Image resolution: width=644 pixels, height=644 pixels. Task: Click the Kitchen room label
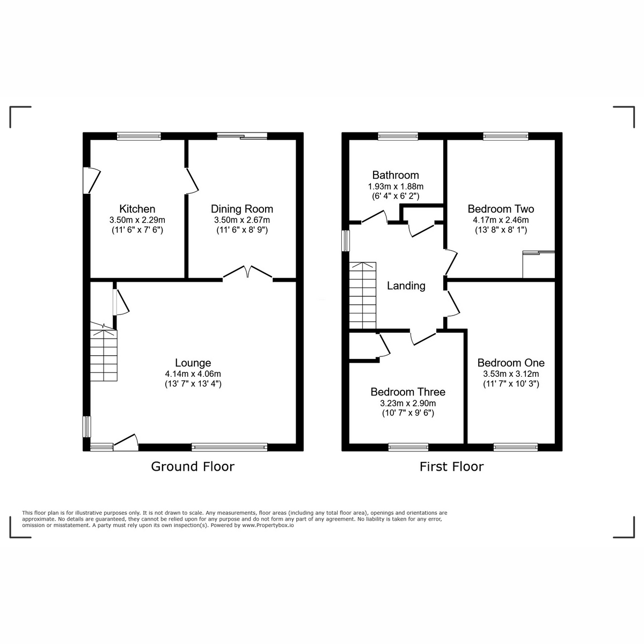point(137,209)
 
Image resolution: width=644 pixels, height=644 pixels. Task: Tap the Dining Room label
point(241,209)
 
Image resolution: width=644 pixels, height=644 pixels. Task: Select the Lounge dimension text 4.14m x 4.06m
point(193,374)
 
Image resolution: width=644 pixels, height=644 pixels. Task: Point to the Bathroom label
point(396,175)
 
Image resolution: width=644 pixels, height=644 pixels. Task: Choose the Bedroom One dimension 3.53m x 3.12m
point(511,374)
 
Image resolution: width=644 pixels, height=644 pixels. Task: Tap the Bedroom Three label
point(408,392)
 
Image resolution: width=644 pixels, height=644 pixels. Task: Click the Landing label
point(406,286)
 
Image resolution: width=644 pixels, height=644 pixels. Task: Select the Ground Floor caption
point(193,466)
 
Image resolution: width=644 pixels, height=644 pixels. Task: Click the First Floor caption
point(451,466)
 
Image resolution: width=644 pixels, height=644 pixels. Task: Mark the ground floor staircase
point(103,354)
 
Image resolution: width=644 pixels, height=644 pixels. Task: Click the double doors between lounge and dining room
point(248,273)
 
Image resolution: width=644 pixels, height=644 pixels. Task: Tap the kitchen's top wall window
point(139,136)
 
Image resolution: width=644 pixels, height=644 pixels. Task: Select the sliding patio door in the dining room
point(242,136)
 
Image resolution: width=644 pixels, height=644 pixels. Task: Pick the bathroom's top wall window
point(398,136)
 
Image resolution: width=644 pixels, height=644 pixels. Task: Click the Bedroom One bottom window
point(515,447)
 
